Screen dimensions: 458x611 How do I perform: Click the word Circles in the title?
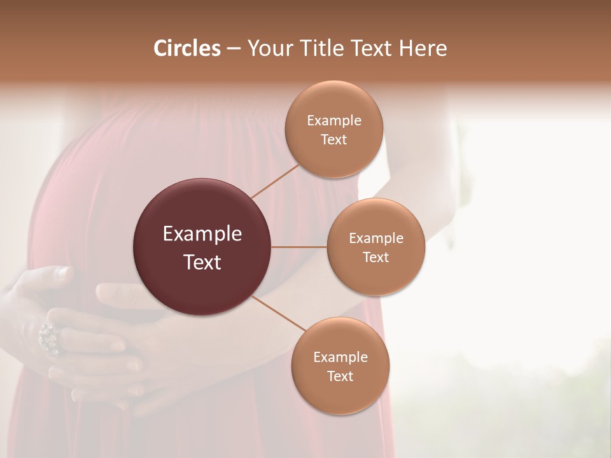186,48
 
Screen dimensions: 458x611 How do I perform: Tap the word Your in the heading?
269,48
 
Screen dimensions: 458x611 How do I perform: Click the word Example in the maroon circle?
202,234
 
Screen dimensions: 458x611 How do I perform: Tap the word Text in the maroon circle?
202,262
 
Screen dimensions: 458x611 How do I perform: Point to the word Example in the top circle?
334,120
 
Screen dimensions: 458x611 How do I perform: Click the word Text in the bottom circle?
340,376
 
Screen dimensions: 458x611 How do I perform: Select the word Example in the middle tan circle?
376,238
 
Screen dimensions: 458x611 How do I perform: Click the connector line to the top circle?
275,181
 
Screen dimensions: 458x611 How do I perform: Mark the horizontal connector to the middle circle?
299,247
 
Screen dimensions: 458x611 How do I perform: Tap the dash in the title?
234,49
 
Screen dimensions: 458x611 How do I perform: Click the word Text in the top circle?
334,139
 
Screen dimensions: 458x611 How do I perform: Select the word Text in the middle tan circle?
376,257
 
